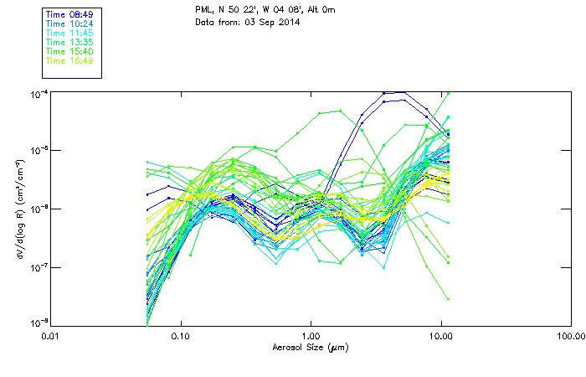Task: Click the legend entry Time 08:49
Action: [x=69, y=14]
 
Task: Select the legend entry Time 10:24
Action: [x=69, y=23]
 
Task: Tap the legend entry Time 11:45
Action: [x=69, y=33]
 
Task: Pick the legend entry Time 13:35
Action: [x=69, y=42]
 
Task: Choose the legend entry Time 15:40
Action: [x=69, y=51]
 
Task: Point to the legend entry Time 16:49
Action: [x=69, y=60]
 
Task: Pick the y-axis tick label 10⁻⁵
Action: [x=39, y=150]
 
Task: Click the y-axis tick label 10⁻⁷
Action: [x=39, y=266]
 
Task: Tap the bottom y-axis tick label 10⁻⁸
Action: [x=39, y=322]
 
